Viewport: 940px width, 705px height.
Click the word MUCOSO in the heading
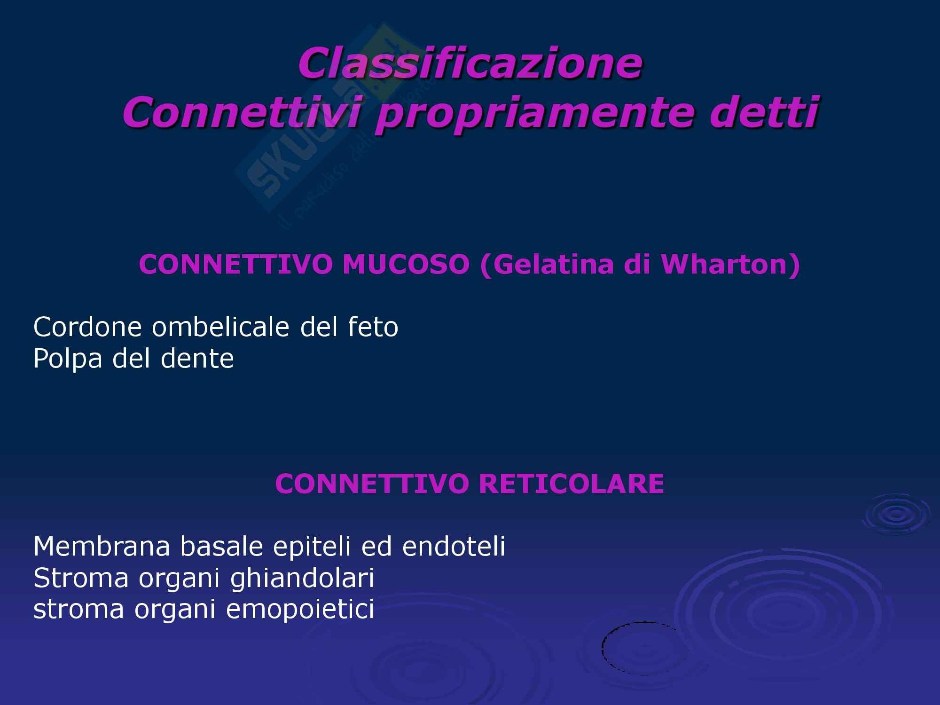[406, 265]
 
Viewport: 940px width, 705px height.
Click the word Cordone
[87, 327]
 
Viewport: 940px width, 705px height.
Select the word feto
[373, 327]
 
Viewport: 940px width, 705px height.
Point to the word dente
[197, 359]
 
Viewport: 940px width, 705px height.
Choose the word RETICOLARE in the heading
[571, 484]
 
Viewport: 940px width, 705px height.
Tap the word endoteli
[454, 546]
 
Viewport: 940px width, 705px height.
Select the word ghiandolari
[302, 578]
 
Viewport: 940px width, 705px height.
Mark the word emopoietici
[300, 610]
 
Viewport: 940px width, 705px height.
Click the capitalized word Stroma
[81, 578]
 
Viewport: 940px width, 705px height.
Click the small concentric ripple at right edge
[896, 515]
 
